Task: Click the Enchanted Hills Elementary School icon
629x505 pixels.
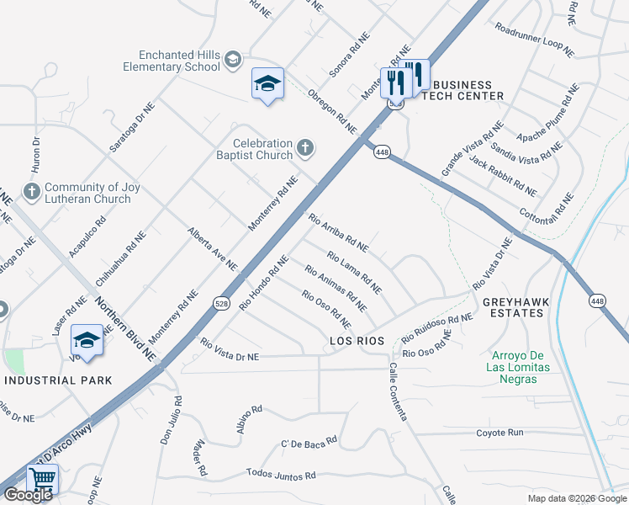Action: tap(233, 58)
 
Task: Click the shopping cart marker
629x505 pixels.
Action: tap(41, 480)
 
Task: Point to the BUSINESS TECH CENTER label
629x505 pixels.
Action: tap(462, 90)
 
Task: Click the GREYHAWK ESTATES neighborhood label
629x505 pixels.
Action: tap(513, 307)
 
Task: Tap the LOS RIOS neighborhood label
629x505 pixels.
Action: tap(357, 341)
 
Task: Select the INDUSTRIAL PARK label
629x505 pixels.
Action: tap(58, 380)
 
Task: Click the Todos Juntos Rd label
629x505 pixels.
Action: tap(281, 476)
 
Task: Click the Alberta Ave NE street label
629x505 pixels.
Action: tap(213, 248)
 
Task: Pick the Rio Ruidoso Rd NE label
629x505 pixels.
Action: tap(437, 327)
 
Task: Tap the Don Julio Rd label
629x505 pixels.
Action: tap(172, 421)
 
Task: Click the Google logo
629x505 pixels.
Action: tap(28, 495)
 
